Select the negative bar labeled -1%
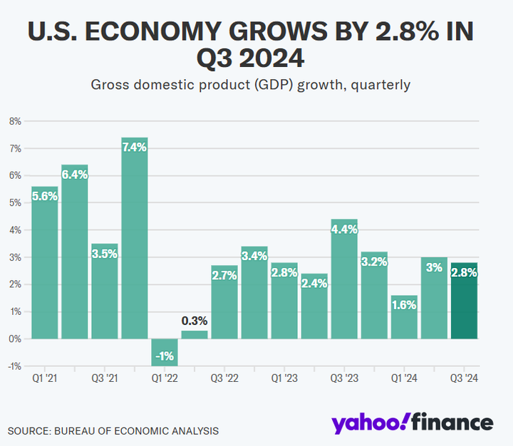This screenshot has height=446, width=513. (165, 352)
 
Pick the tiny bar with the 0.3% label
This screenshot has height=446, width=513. (195, 335)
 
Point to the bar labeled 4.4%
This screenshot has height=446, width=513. (344, 279)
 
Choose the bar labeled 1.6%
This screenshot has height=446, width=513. (404, 317)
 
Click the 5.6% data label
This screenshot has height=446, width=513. (45, 197)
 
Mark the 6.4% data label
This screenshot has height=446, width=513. (75, 175)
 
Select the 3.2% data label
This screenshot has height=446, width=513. (374, 261)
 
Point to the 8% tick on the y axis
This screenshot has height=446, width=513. (14, 121)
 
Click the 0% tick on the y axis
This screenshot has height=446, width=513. (14, 338)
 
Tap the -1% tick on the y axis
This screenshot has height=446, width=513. (13, 366)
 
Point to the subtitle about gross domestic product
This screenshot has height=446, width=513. (251, 85)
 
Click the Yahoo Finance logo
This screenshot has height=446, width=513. (412, 422)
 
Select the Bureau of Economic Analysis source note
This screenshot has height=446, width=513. (113, 430)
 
